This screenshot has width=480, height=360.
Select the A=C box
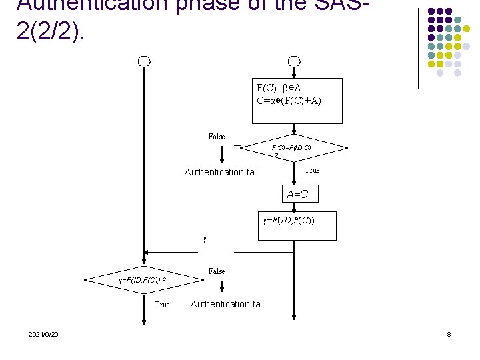(297, 194)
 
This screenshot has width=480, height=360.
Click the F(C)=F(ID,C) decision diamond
(293, 149)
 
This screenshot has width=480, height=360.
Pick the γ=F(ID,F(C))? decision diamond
(142, 281)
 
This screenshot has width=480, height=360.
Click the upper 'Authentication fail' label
(221, 172)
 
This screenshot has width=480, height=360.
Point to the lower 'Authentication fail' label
(227, 304)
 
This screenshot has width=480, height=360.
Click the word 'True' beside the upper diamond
(312, 170)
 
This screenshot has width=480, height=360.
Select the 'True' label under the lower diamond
(162, 305)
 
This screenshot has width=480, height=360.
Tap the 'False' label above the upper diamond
(217, 137)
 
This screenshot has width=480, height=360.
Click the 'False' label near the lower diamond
(217, 271)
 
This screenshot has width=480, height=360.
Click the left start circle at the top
(143, 62)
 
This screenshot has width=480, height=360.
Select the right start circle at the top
(294, 62)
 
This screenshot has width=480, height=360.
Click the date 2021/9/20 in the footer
(43, 334)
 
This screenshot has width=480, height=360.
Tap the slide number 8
(449, 334)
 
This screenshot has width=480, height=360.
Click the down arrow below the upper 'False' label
(222, 155)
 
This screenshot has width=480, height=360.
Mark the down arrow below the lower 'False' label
(222, 287)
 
